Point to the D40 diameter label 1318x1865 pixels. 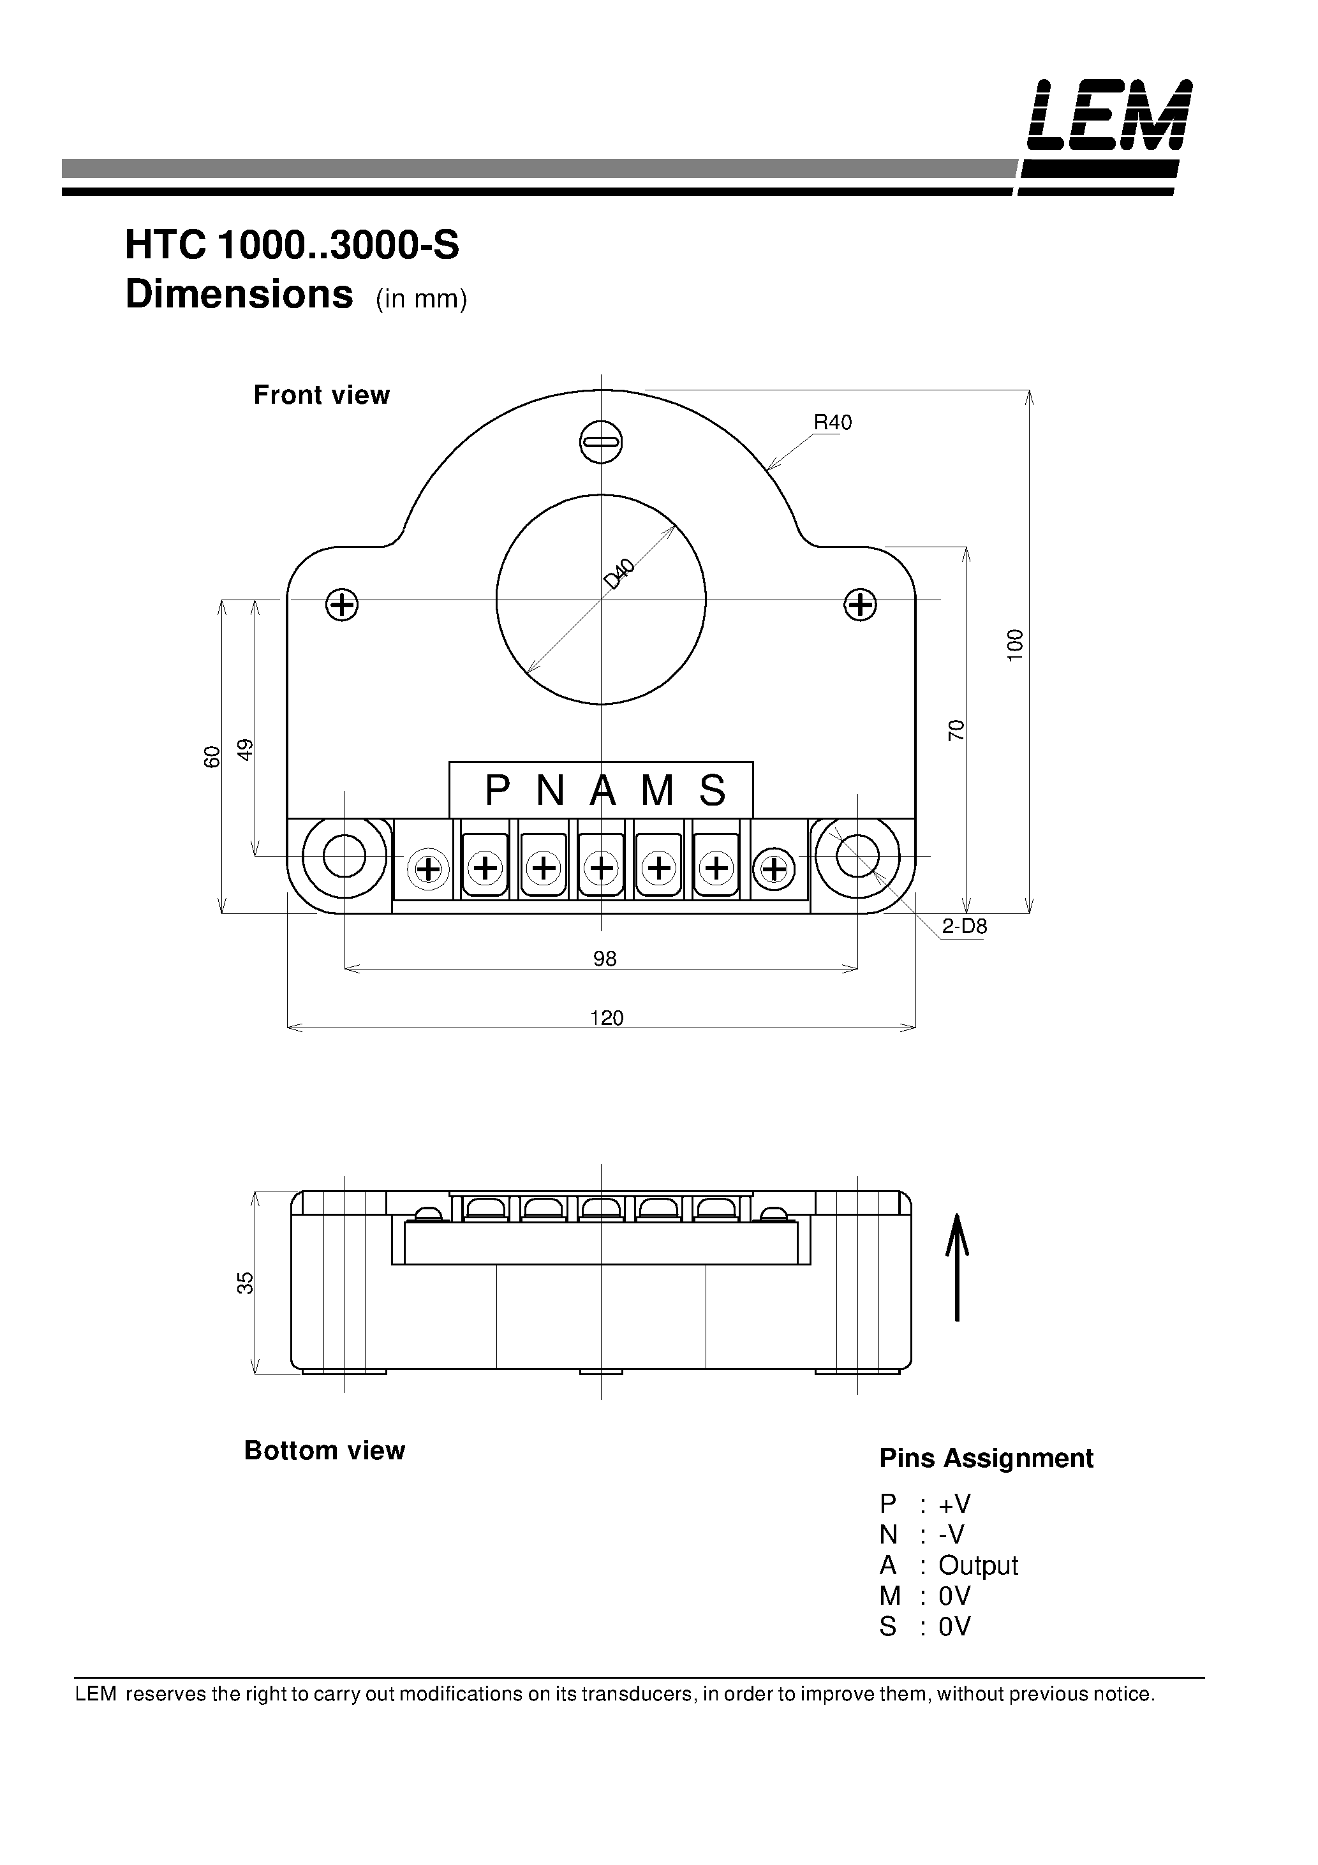point(619,574)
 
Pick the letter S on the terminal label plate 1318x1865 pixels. point(712,790)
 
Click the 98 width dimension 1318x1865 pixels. point(605,959)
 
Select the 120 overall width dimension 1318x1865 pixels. point(606,1019)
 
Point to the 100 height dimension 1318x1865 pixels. point(1015,645)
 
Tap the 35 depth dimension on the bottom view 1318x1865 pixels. point(244,1283)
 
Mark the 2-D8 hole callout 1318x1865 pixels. point(964,927)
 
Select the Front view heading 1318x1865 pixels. point(322,395)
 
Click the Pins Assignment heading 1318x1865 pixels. point(986,1458)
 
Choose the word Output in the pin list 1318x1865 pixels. point(977,1565)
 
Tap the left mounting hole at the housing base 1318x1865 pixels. point(344,855)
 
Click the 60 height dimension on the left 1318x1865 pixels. point(211,756)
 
